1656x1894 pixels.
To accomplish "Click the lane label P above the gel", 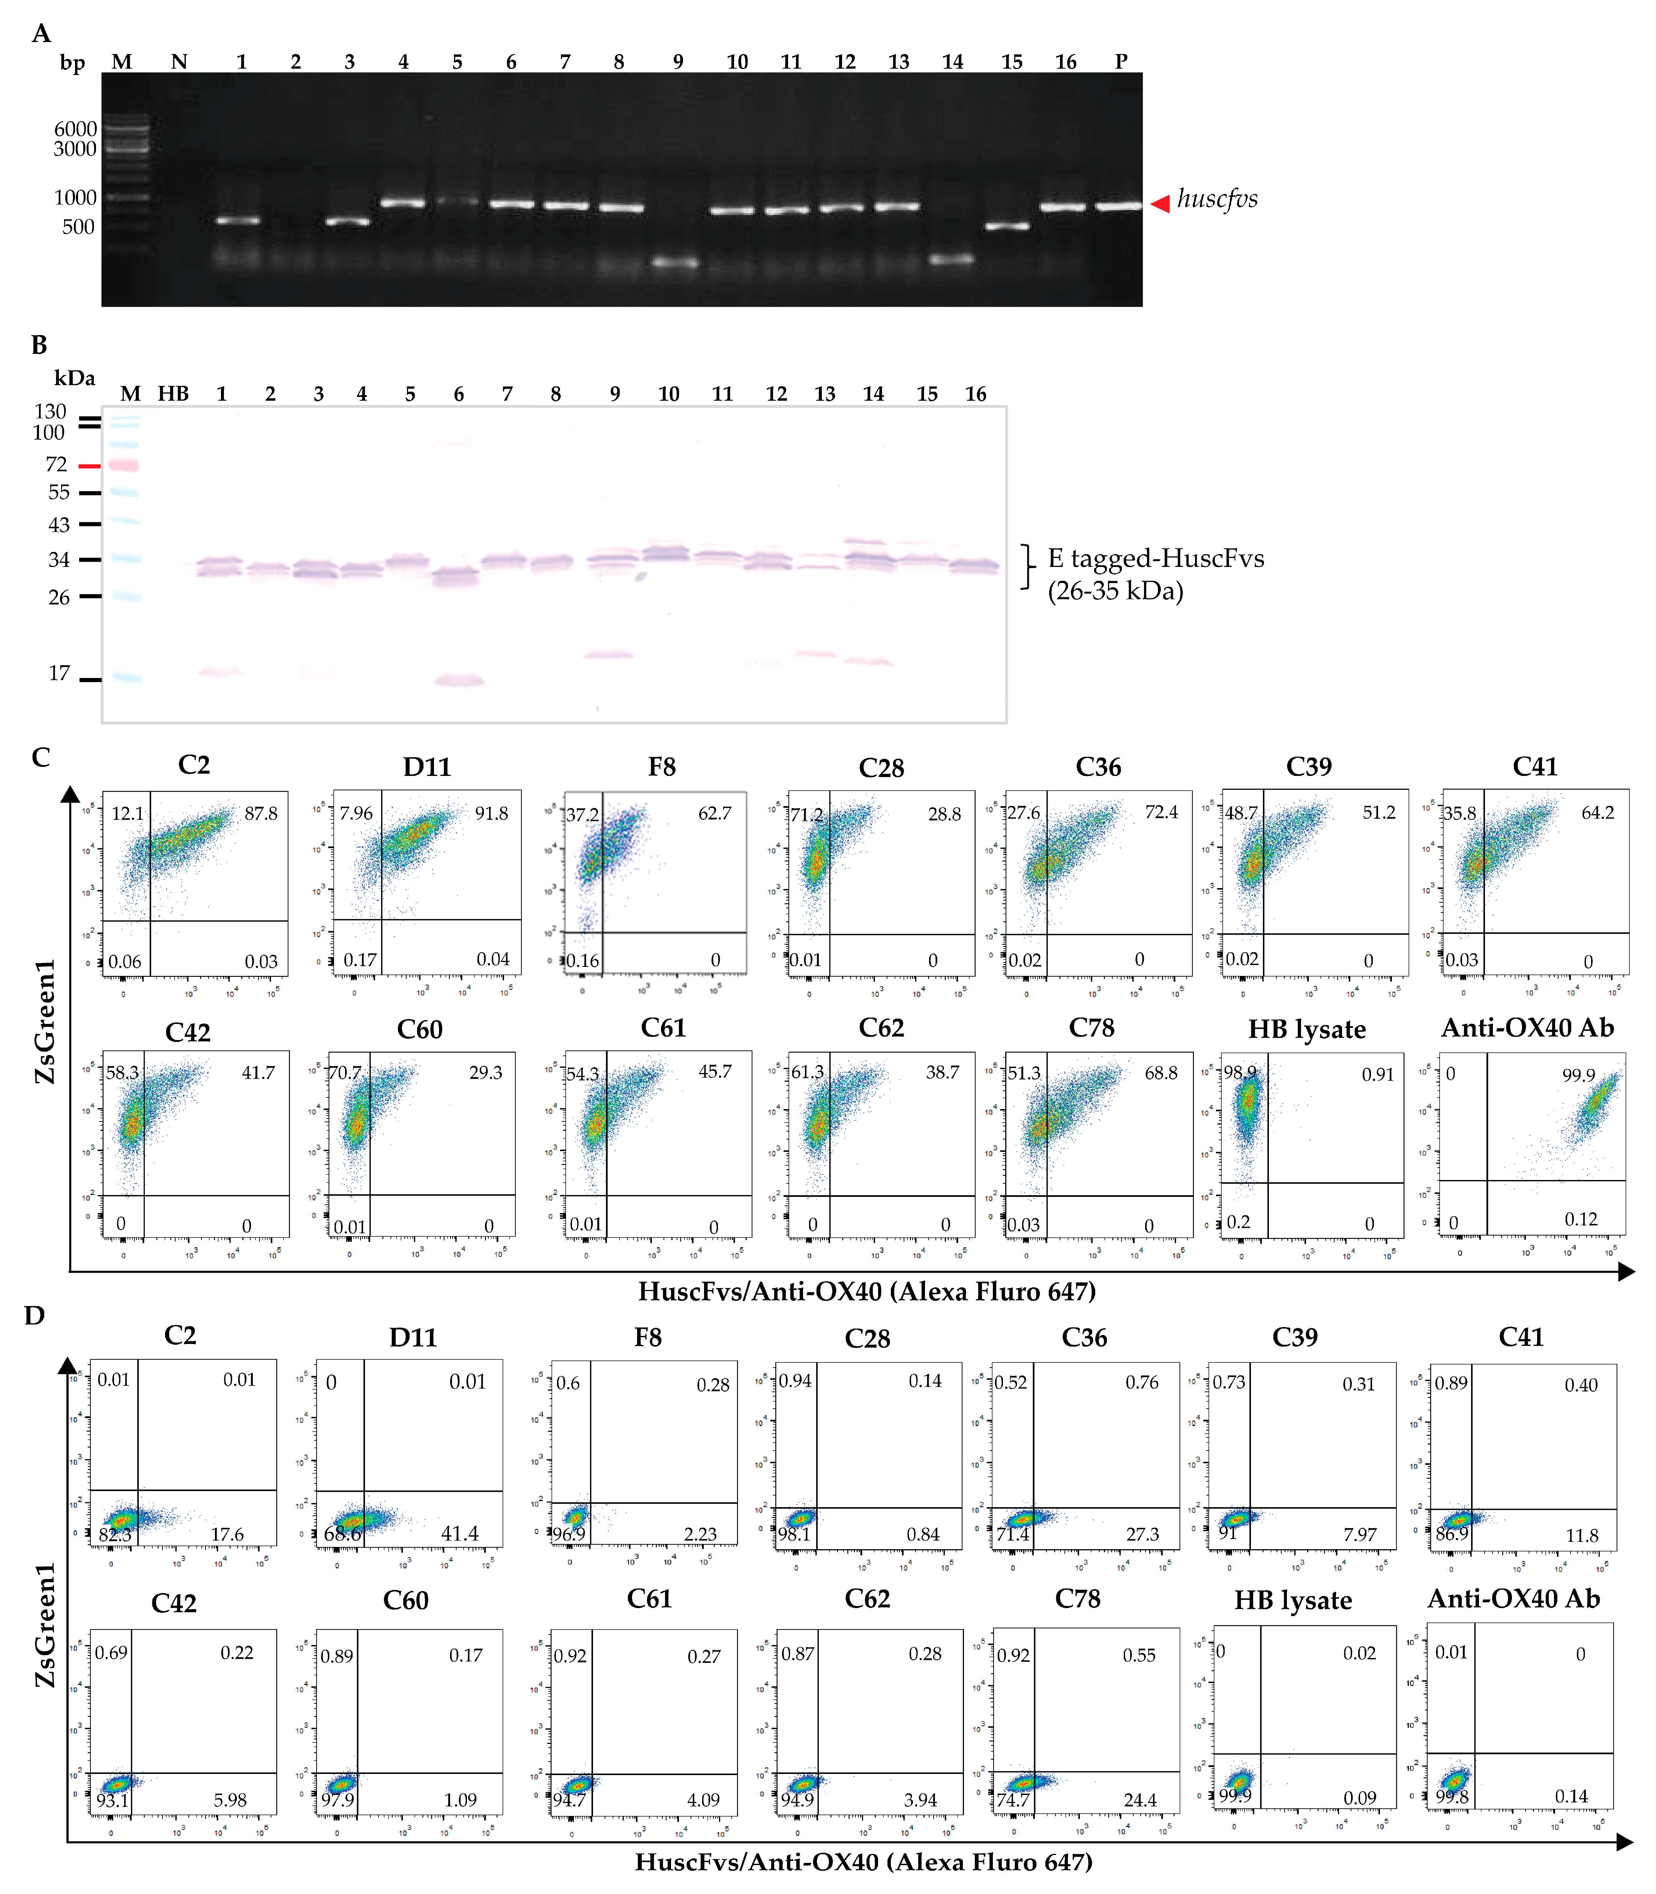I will tap(1121, 62).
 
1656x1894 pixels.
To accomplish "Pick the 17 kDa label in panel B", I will tap(59, 673).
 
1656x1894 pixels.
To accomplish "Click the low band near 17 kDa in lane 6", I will tap(459, 681).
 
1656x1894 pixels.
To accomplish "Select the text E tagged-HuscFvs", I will tap(1155, 558).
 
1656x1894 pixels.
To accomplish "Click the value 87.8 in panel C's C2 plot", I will tap(261, 813).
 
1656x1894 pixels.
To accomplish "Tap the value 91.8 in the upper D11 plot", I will tap(492, 813).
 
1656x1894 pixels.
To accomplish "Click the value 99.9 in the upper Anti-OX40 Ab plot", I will tap(1578, 1075).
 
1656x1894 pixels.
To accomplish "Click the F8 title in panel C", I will tap(662, 766).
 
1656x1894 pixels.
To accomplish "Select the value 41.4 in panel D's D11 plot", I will tap(459, 1533).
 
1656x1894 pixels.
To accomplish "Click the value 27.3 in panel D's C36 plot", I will tap(1142, 1533).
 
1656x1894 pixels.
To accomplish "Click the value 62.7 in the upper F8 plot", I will tap(714, 813).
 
